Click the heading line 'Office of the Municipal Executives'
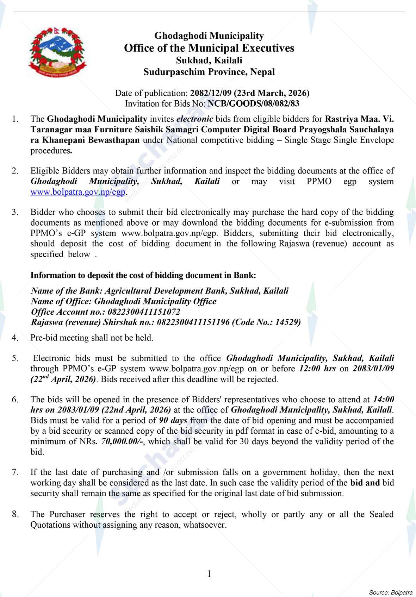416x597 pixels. click(209, 48)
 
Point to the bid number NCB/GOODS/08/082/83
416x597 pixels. click(254, 103)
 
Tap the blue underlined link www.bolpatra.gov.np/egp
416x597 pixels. click(78, 192)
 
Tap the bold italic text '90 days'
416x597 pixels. click(173, 420)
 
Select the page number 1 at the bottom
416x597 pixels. click(209, 574)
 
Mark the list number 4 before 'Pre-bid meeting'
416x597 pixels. click(15, 338)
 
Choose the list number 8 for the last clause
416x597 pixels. click(15, 515)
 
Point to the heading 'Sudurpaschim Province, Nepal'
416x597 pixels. click(209, 72)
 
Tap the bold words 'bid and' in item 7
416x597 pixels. click(365, 483)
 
